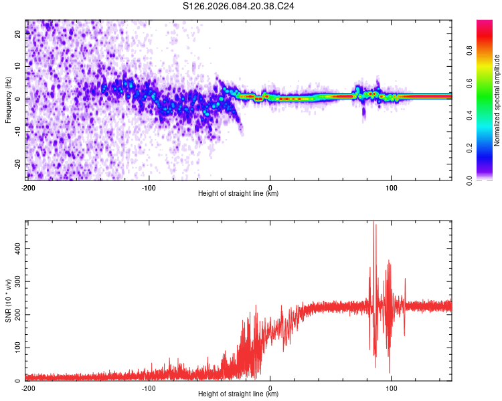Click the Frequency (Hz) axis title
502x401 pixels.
(x=8, y=100)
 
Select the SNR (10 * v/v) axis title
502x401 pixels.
(x=8, y=301)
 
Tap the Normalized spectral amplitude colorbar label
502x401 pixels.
(x=497, y=100)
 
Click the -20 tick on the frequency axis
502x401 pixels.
(x=17, y=164)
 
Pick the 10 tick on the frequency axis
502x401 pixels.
(x=19, y=66)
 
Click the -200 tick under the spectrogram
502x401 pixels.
(x=27, y=188)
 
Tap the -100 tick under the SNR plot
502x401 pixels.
(x=149, y=388)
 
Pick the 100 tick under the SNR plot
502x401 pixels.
(x=391, y=388)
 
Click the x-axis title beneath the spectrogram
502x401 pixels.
(x=238, y=194)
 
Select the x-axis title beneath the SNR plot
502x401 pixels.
(x=238, y=394)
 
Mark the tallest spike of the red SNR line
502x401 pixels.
(x=373, y=223)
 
